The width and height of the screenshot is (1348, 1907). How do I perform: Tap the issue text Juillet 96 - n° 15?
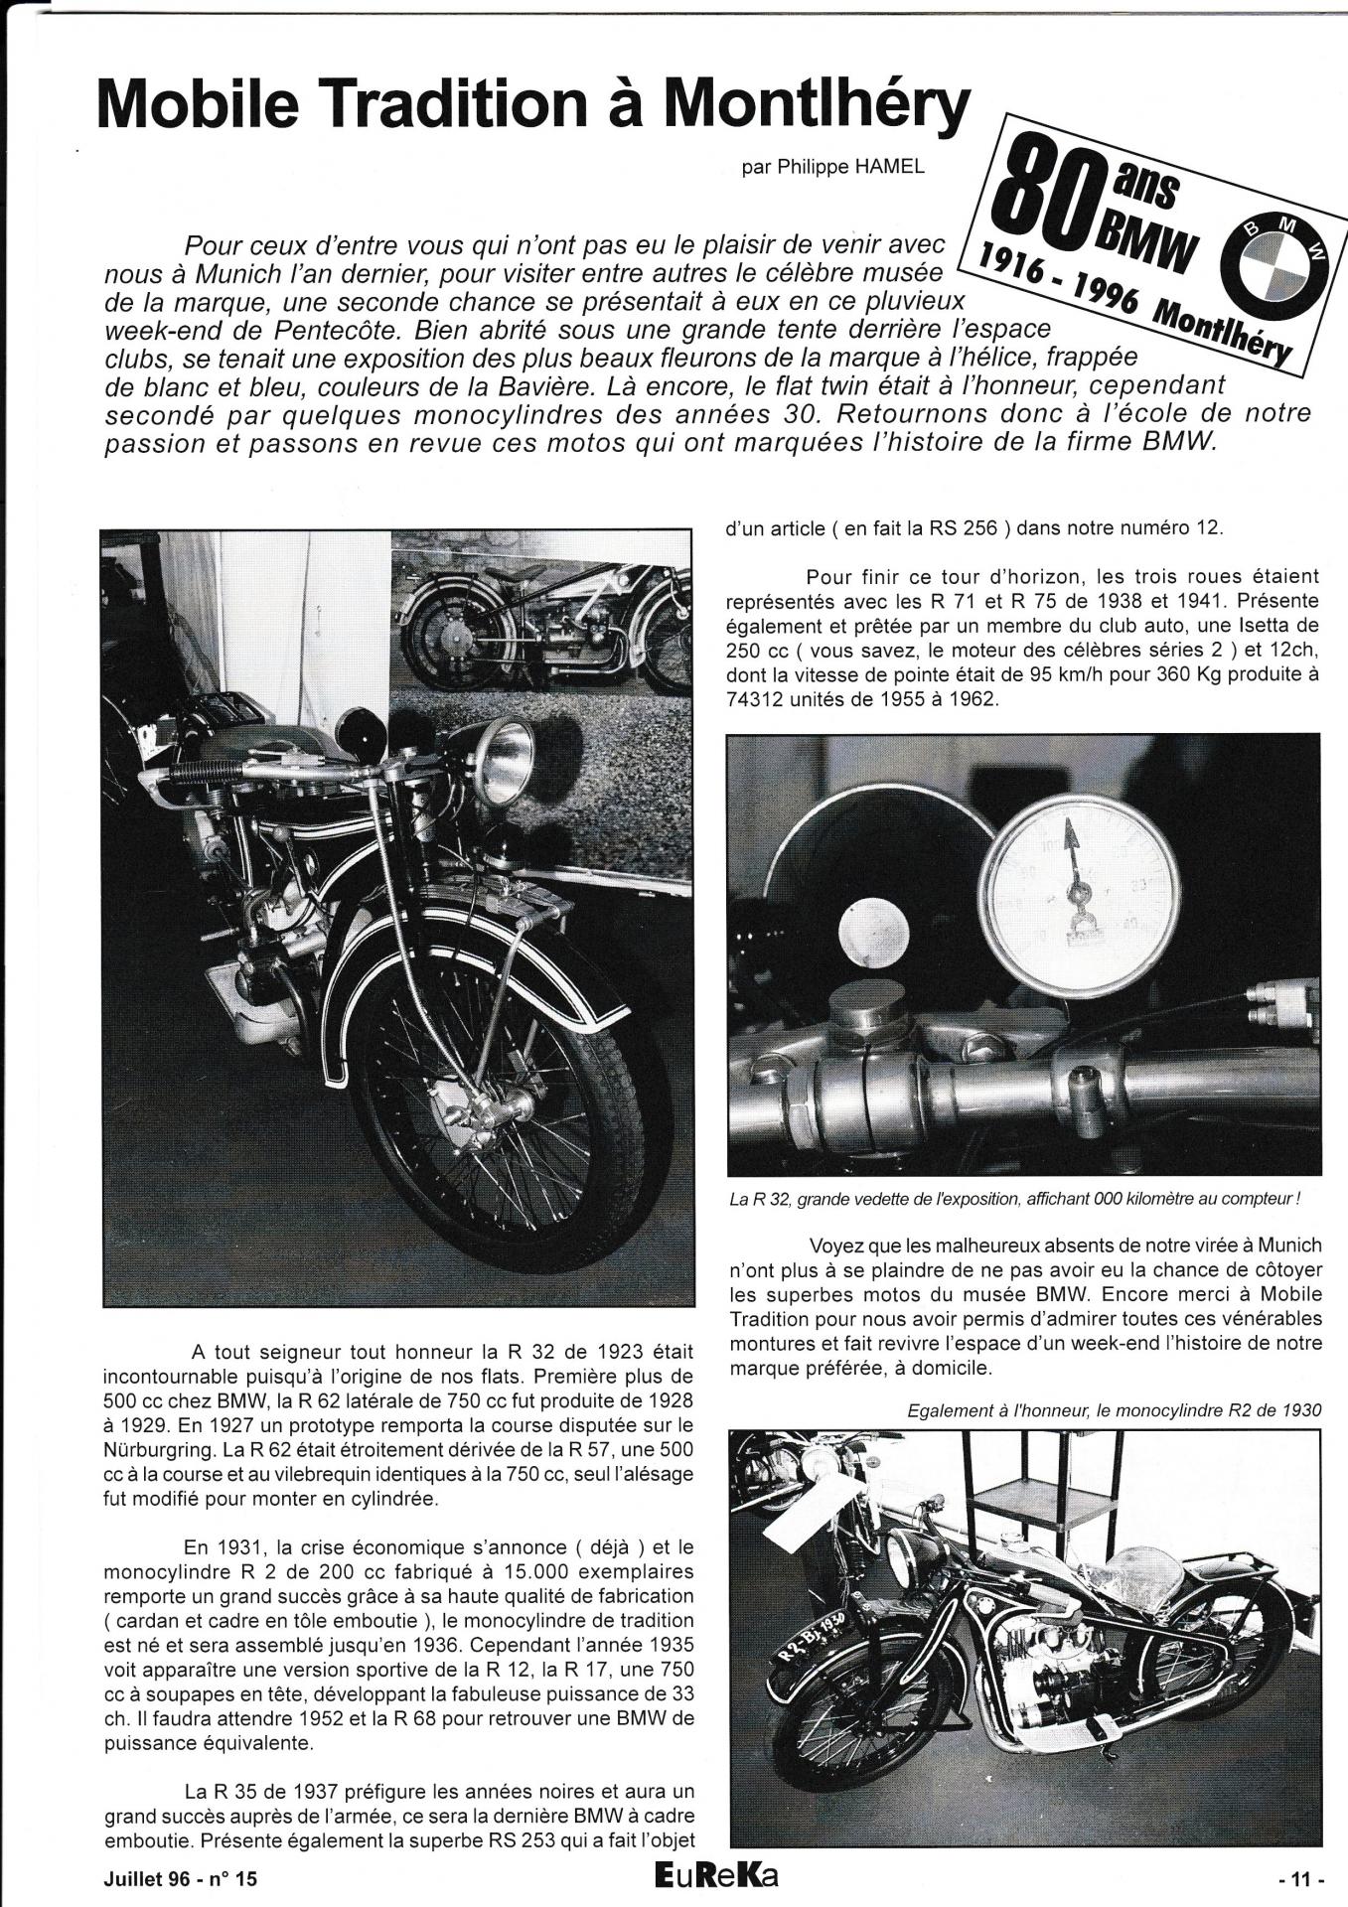click(184, 1879)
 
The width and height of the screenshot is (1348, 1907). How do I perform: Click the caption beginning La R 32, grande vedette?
click(1014, 1199)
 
